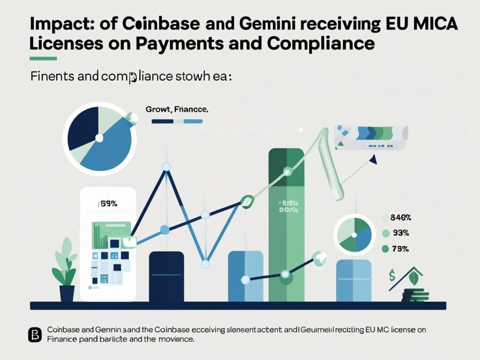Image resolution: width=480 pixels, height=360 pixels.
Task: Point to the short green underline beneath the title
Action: pyautogui.click(x=43, y=59)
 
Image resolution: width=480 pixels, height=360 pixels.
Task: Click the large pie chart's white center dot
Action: pyautogui.click(x=99, y=137)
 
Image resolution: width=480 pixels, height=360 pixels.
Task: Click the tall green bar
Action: pyautogui.click(x=286, y=225)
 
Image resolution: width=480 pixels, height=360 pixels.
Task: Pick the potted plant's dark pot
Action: pyautogui.click(x=67, y=293)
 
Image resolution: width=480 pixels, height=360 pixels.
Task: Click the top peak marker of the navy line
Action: pyautogui.click(x=165, y=166)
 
